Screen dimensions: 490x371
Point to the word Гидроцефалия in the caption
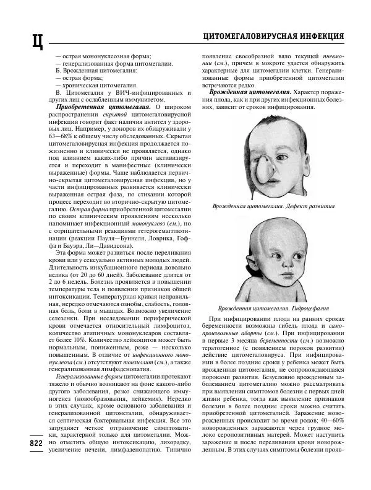click(x=309, y=307)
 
